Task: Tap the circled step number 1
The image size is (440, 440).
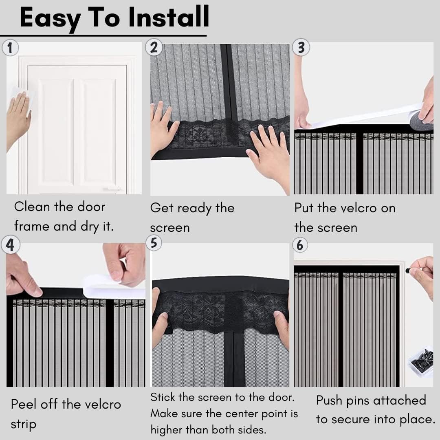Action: (10, 48)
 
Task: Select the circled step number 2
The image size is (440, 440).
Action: (154, 47)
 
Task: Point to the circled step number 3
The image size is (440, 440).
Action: (301, 47)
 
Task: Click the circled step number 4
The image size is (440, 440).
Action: (10, 245)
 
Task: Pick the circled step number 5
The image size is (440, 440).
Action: (154, 243)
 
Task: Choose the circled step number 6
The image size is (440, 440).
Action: (300, 245)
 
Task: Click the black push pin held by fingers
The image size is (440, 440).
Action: (408, 271)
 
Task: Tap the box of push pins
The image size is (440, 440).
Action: (420, 361)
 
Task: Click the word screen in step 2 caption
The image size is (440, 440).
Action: (170, 228)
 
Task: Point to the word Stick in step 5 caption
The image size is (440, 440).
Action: (163, 397)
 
